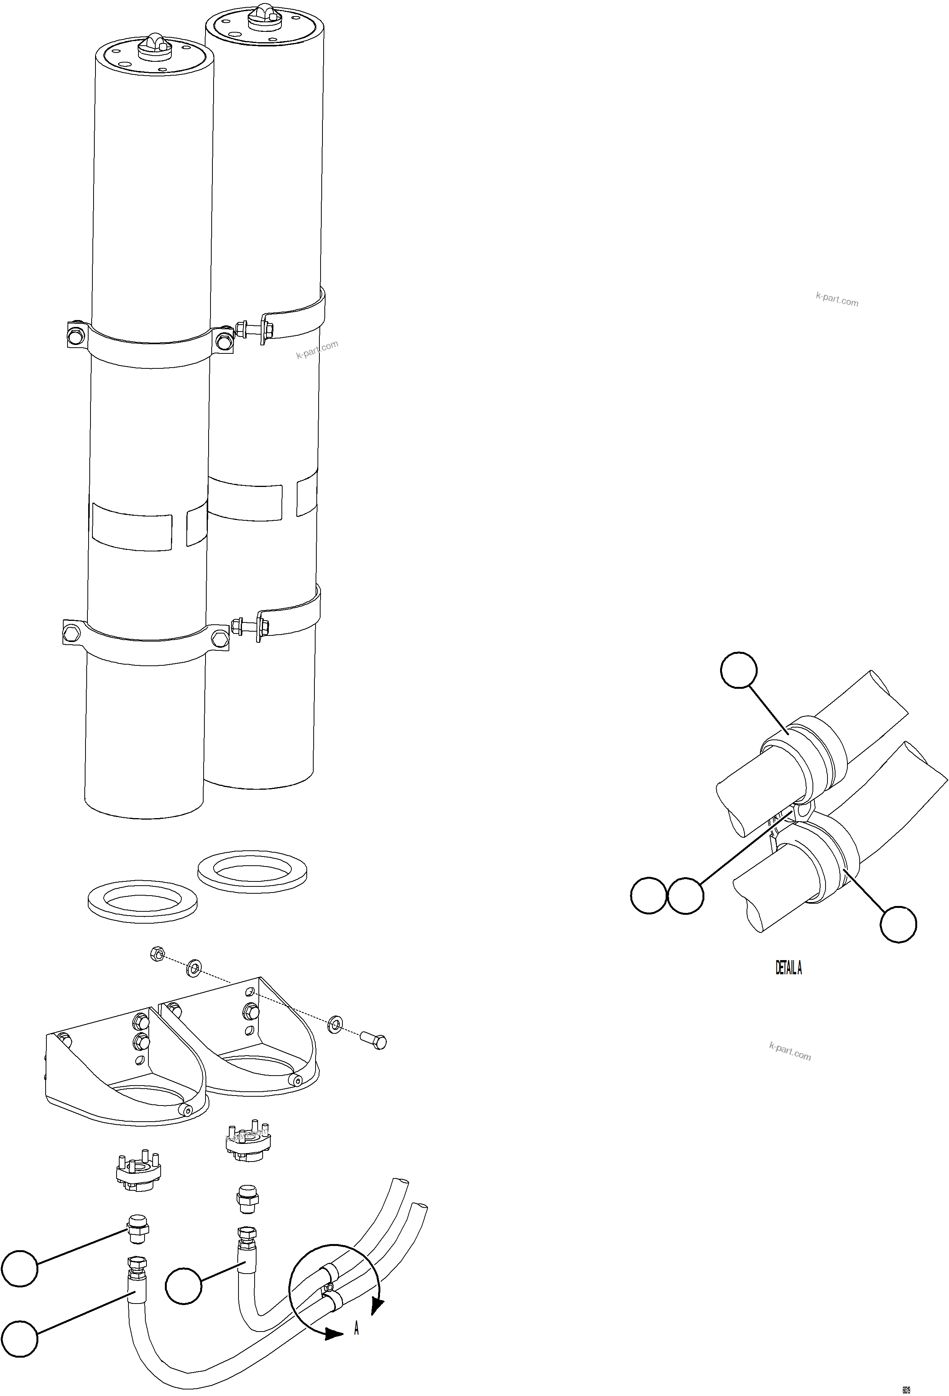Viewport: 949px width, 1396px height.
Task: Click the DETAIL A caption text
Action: pyautogui.click(x=788, y=968)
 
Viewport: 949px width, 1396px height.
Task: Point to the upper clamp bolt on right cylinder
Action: pyautogui.click(x=251, y=330)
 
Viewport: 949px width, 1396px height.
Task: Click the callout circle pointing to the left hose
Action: pyautogui.click(x=20, y=1338)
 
